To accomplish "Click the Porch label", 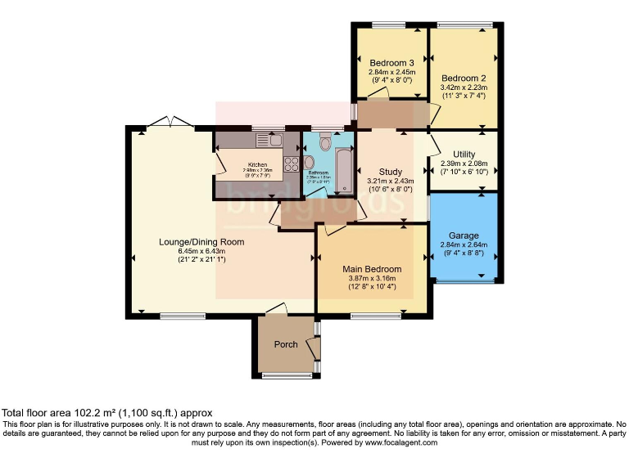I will coord(286,344).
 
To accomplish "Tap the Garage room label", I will coord(463,235).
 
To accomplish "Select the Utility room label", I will coord(464,154).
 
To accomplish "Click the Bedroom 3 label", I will coord(391,63).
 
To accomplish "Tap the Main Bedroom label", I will coord(372,269).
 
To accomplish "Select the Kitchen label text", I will coord(258,164).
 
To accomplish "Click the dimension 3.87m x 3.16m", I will coord(372,278).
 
